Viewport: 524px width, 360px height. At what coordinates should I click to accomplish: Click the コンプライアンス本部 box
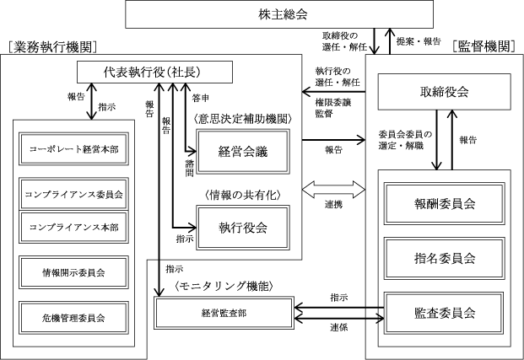tap(73, 227)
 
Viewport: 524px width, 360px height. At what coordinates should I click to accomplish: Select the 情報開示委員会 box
tap(73, 271)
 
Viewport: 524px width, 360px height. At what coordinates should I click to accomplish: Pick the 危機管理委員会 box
tap(73, 317)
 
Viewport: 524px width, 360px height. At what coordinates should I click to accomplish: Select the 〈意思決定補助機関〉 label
tap(241, 119)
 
